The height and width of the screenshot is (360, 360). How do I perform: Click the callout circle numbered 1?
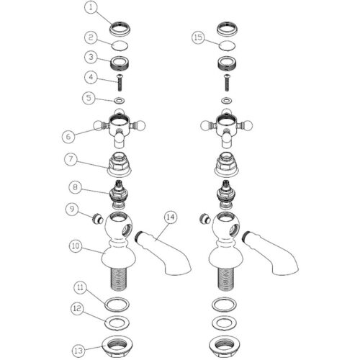click(x=91, y=7)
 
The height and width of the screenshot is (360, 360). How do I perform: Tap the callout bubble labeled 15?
click(x=198, y=37)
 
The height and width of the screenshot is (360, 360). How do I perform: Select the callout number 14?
click(x=171, y=217)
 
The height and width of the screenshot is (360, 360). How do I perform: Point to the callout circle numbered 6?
click(x=68, y=137)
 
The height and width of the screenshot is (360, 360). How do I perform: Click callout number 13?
click(x=78, y=351)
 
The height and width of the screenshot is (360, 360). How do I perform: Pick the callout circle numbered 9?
click(x=72, y=209)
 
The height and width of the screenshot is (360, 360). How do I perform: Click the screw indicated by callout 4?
click(x=120, y=83)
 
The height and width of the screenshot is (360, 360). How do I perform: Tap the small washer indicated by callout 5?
click(x=120, y=100)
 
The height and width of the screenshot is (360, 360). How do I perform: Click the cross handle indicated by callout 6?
click(x=120, y=128)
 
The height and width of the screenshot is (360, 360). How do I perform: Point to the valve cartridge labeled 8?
click(x=119, y=194)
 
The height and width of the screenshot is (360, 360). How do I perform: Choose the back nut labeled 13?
click(x=117, y=346)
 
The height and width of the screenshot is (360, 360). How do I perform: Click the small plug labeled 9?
click(x=98, y=219)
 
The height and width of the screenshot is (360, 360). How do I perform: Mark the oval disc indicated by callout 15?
click(x=227, y=45)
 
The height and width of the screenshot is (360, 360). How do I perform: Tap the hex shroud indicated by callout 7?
click(x=119, y=165)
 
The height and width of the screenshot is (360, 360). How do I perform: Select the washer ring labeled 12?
click(x=117, y=323)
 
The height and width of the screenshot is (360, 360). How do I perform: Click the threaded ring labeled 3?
click(x=120, y=63)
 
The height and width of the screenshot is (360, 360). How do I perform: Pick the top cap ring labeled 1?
click(x=120, y=29)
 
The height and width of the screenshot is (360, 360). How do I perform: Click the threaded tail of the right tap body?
click(x=225, y=279)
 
